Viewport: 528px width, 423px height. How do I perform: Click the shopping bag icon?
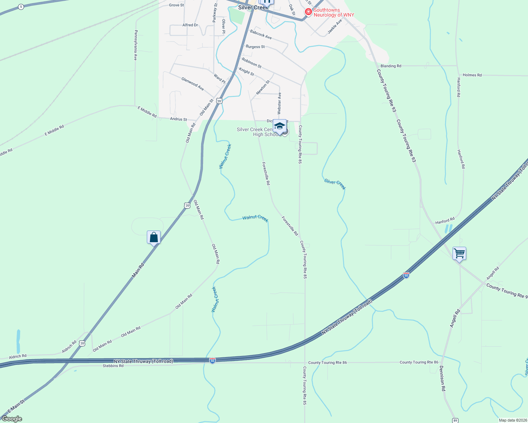pyautogui.click(x=154, y=237)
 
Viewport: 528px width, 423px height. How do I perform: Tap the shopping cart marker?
pyautogui.click(x=459, y=253)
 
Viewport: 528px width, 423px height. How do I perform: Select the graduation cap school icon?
pyautogui.click(x=280, y=126)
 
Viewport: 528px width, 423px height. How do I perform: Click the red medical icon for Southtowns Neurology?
pyautogui.click(x=308, y=12)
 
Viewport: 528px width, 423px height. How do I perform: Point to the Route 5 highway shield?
pyautogui.click(x=21, y=7)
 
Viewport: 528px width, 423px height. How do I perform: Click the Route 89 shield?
pyautogui.click(x=455, y=420)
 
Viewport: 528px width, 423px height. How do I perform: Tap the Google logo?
pyautogui.click(x=12, y=419)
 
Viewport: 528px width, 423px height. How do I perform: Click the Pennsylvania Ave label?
pyautogui.click(x=136, y=45)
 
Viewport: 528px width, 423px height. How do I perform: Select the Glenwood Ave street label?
pyautogui.click(x=192, y=84)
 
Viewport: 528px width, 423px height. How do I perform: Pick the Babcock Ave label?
pyautogui.click(x=261, y=35)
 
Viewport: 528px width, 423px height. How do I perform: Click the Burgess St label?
pyautogui.click(x=255, y=47)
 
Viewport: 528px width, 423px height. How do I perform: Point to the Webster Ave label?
pyautogui.click(x=279, y=103)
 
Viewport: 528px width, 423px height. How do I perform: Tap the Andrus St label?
pyautogui.click(x=179, y=119)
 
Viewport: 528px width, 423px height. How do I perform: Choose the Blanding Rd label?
pyautogui.click(x=391, y=66)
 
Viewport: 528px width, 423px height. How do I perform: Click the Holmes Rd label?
pyautogui.click(x=472, y=75)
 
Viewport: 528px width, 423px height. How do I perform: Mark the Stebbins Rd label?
pyautogui.click(x=113, y=366)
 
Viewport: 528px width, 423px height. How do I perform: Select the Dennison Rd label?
pyautogui.click(x=443, y=378)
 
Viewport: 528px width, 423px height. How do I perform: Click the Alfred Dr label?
pyautogui.click(x=190, y=25)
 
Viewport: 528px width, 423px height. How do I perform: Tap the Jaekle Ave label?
pyautogui.click(x=335, y=26)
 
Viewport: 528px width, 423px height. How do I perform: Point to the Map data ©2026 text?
pyautogui.click(x=512, y=420)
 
